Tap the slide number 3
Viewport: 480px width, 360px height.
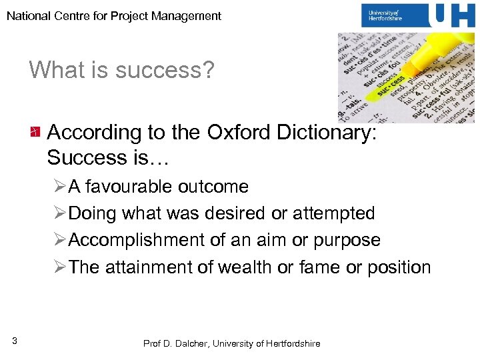[x=14, y=341]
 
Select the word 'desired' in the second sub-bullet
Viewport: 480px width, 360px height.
[x=235, y=213]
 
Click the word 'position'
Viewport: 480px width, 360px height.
[x=399, y=267]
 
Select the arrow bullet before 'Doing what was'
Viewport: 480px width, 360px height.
[x=59, y=214]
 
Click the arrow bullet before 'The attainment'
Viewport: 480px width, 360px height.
[x=59, y=268]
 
